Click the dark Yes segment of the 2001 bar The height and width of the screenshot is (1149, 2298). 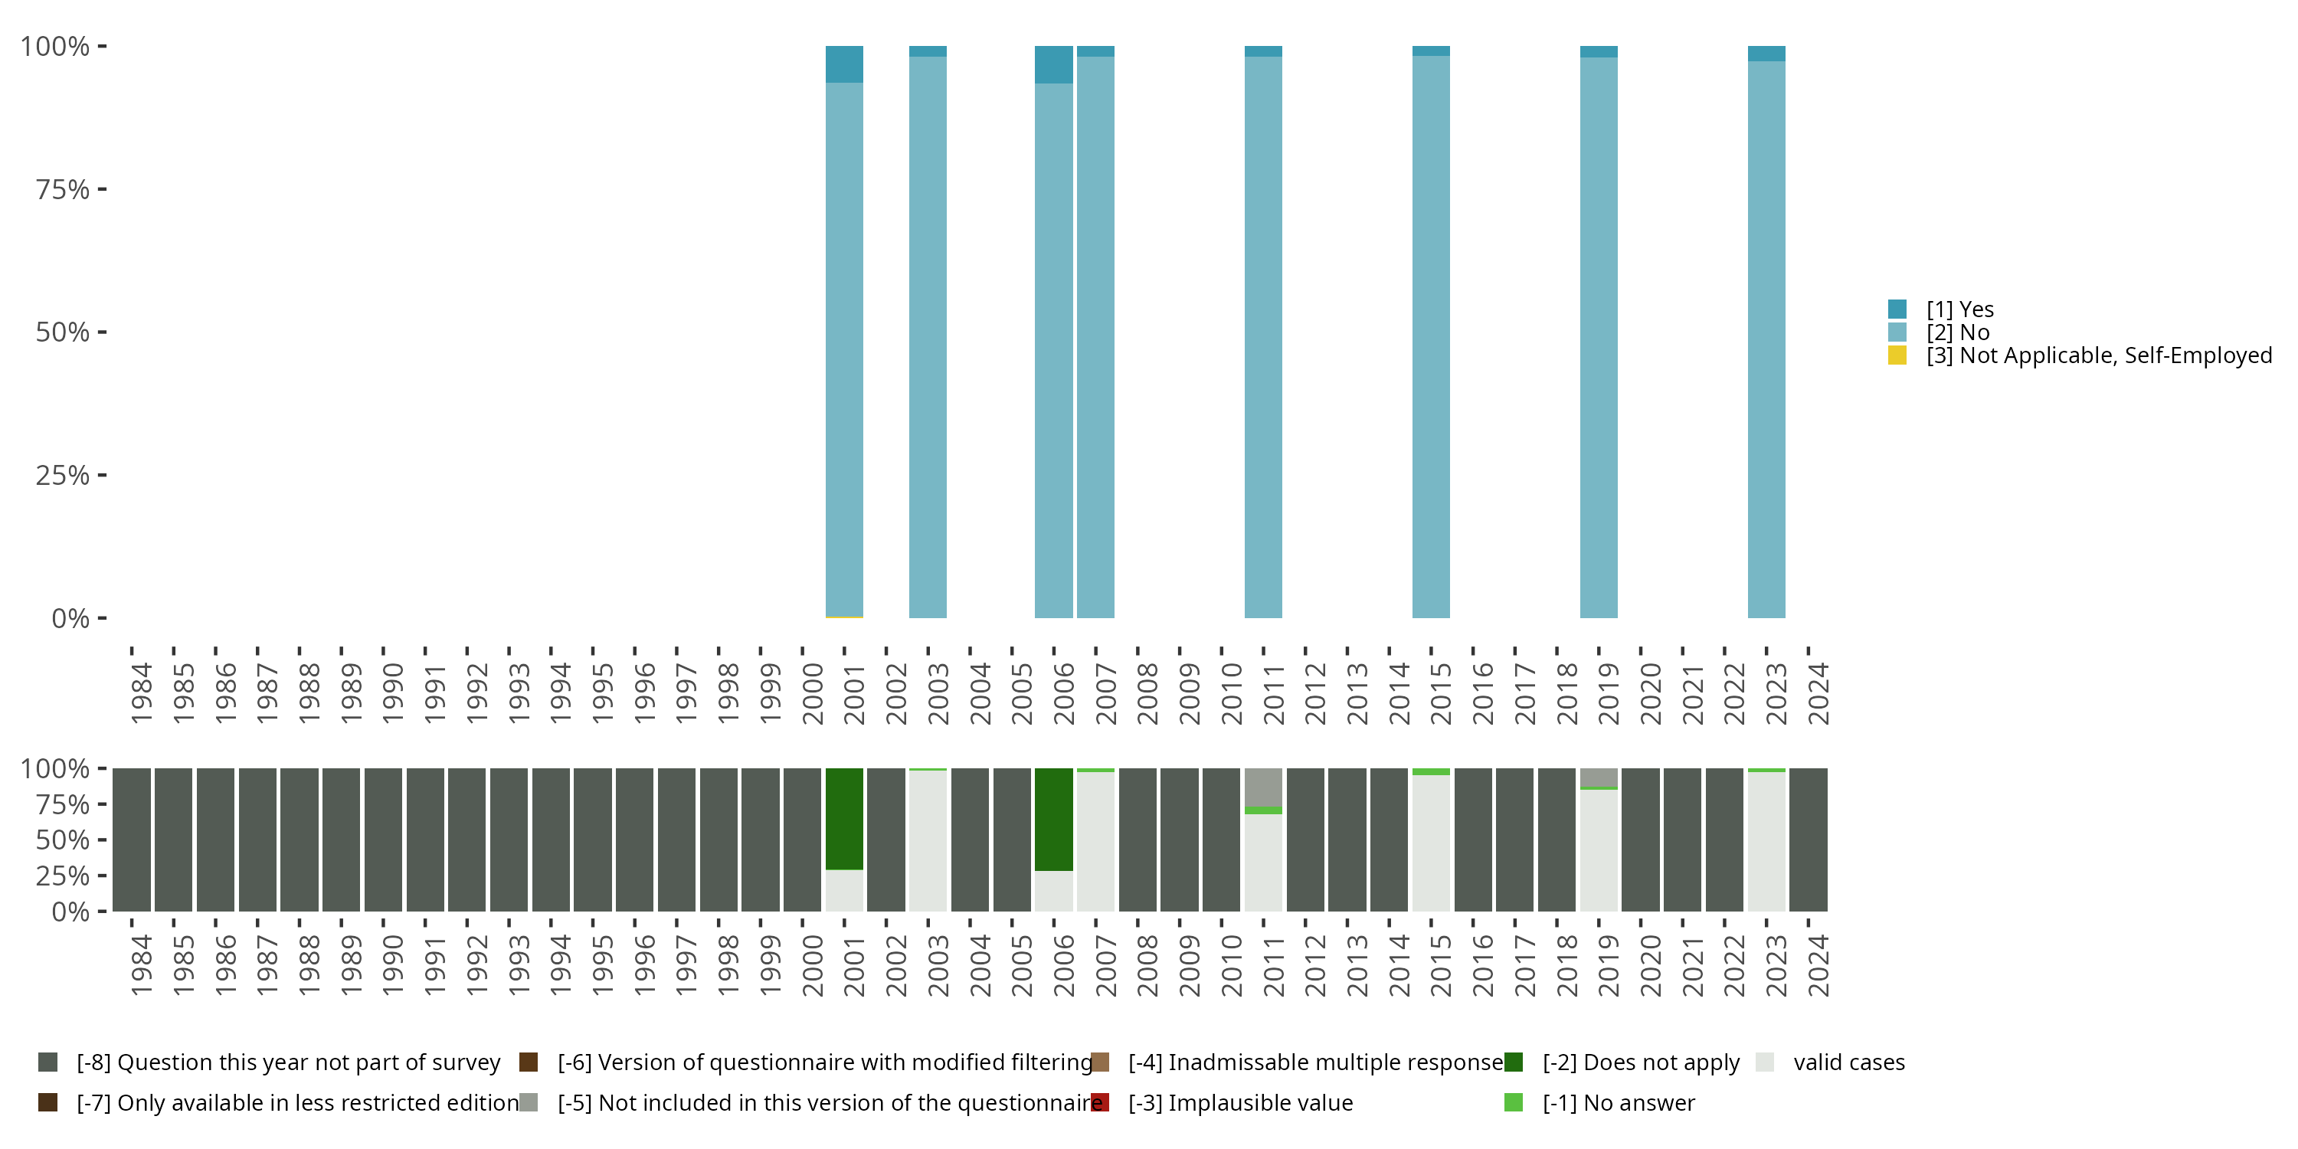844,64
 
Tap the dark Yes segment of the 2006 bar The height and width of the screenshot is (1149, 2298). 1053,64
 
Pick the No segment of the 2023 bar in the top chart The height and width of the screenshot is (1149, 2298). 1766,339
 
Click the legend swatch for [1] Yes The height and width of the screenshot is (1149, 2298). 1897,309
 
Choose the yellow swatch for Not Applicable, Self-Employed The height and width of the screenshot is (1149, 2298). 1897,355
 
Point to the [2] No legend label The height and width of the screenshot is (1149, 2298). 1957,332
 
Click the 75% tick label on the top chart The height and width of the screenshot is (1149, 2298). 63,189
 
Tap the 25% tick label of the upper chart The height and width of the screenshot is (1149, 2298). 63,475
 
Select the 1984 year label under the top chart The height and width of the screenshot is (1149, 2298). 141,693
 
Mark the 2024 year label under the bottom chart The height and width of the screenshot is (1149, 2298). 1818,965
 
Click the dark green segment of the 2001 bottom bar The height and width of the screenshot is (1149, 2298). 844,818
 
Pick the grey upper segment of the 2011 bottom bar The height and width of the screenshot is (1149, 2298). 1263,787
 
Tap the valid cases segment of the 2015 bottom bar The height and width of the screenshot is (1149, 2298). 1431,843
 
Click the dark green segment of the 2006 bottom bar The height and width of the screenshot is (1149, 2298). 1053,819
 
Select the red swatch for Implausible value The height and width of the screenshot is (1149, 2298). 1100,1102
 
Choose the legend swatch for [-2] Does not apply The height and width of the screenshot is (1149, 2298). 1513,1062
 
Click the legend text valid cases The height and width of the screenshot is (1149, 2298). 1848,1062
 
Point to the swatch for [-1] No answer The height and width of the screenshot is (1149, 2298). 1513,1102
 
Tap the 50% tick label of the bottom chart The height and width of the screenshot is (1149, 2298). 63,840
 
